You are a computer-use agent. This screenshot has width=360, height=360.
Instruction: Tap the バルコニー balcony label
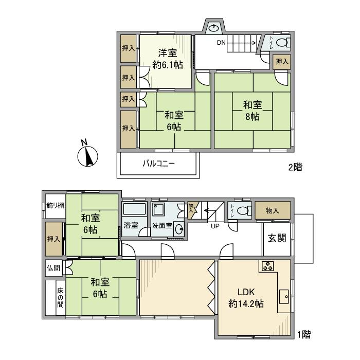158,164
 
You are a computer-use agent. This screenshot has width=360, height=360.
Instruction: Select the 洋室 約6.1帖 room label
168,59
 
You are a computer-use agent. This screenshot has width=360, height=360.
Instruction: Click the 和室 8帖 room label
253,111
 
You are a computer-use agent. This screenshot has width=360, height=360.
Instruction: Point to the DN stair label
221,43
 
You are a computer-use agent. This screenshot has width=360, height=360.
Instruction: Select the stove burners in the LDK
268,266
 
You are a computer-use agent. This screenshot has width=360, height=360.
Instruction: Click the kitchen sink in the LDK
284,296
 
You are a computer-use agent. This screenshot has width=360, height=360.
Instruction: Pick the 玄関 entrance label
277,238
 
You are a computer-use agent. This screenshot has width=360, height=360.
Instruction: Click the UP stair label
215,226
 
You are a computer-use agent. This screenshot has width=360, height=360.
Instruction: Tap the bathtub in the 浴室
135,209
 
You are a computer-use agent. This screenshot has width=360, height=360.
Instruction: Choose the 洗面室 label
162,226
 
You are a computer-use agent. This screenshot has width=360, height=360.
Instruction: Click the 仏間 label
53,268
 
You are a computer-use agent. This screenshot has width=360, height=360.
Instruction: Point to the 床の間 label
60,298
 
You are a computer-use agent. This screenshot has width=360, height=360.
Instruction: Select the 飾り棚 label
55,206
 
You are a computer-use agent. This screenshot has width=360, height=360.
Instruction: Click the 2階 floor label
295,167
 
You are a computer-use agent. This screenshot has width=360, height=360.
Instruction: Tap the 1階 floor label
304,334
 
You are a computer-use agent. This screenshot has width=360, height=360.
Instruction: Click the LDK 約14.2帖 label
246,298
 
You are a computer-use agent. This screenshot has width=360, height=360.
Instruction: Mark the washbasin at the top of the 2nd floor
214,28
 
